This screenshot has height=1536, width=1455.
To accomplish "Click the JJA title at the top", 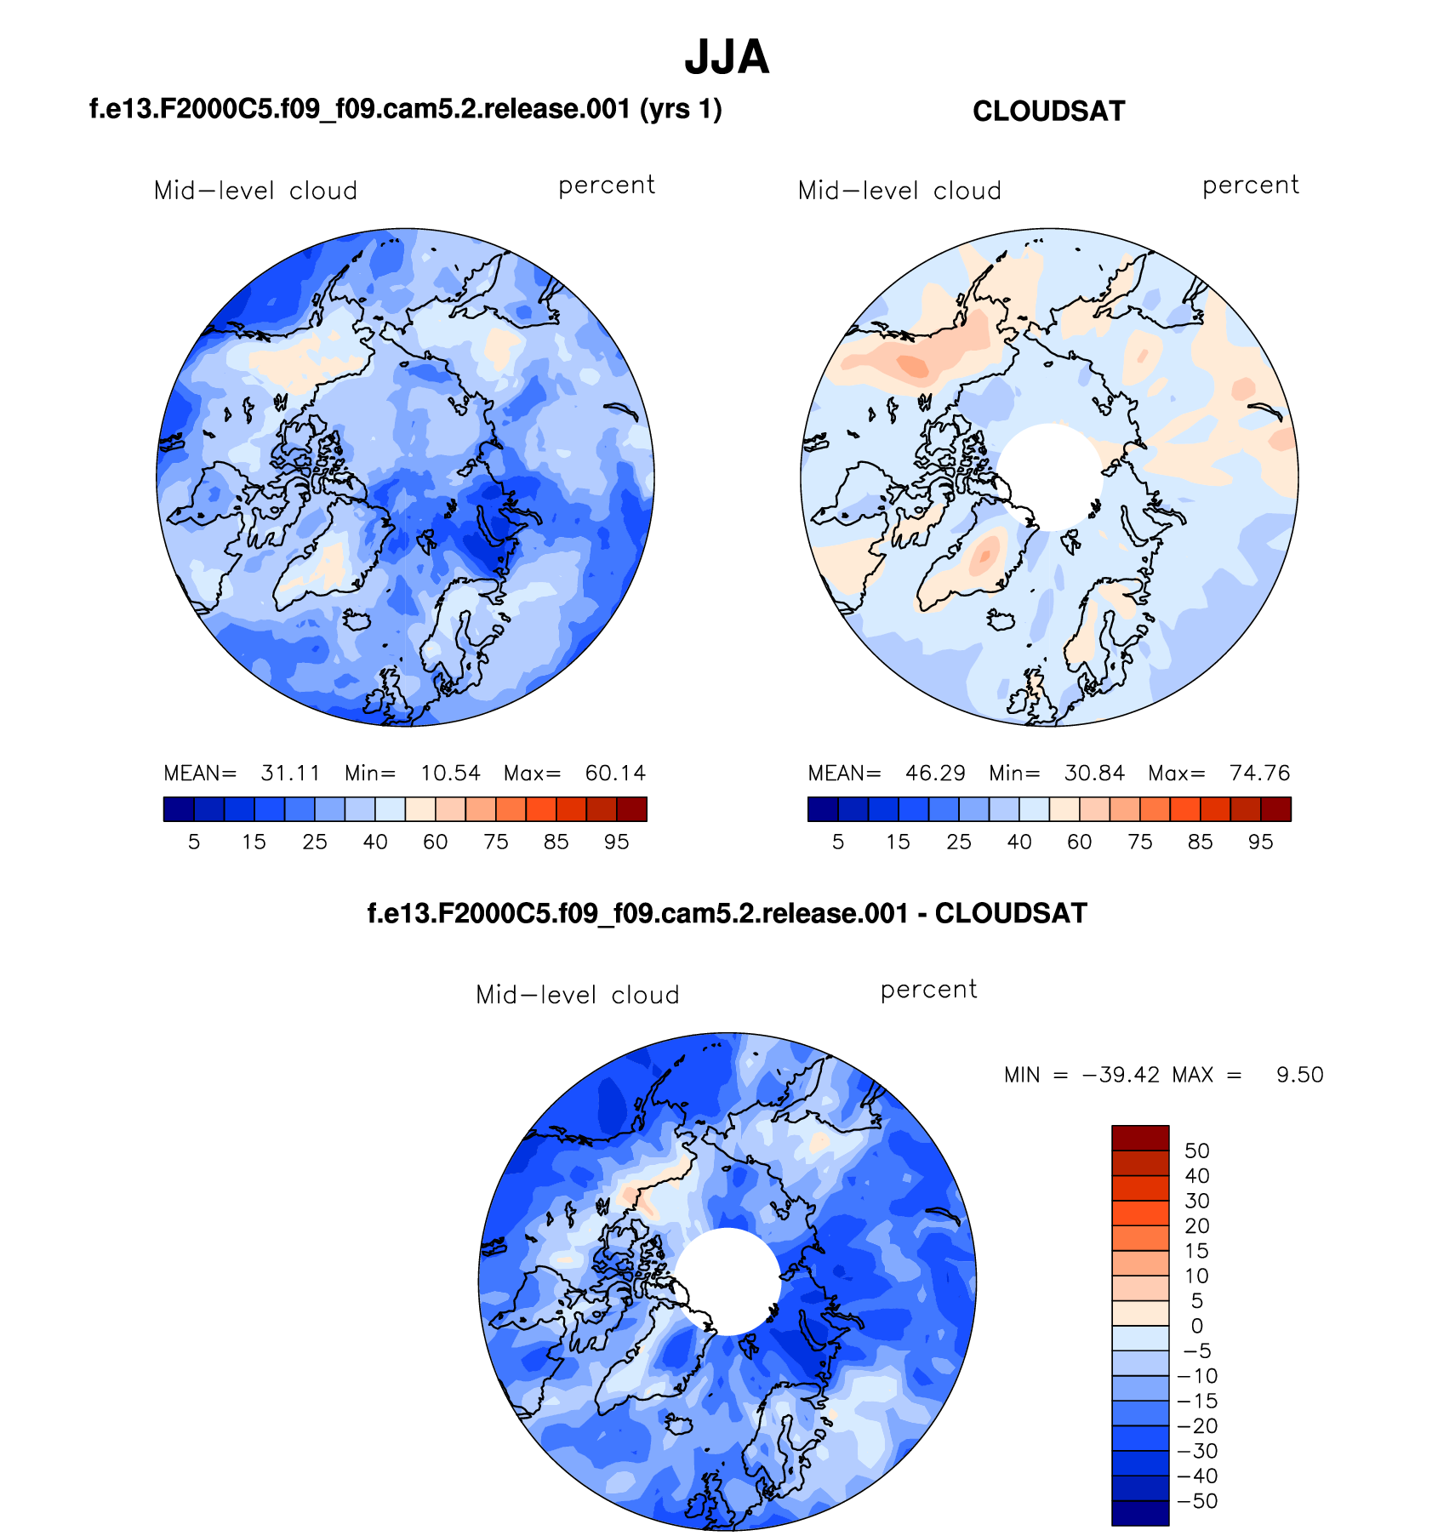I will point(727,58).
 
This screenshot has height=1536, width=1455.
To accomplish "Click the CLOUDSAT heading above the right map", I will point(1048,111).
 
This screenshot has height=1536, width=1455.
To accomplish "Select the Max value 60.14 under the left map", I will point(615,774).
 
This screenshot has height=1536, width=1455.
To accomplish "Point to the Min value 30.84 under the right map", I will point(1094,774).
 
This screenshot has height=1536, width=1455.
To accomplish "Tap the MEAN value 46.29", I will point(935,774).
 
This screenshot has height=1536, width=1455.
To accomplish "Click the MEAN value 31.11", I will point(291,774).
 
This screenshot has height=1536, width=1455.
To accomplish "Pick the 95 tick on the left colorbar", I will point(616,842).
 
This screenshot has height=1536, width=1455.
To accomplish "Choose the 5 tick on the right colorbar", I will point(838,842).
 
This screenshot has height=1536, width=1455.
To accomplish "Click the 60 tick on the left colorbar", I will point(436,842).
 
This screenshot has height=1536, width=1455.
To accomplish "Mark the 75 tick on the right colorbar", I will point(1140,842).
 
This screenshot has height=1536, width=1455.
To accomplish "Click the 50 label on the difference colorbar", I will point(1196,1151).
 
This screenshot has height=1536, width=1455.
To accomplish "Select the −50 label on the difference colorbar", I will point(1197,1501).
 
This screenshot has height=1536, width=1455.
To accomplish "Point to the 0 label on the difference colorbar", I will point(1196,1326).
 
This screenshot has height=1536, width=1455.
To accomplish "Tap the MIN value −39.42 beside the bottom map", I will point(1121,1075).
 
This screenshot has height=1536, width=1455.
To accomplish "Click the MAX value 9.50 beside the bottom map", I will point(1299,1075).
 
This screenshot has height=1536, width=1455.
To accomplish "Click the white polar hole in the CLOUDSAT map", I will point(1050,477).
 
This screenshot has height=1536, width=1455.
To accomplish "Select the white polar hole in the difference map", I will point(727,1282).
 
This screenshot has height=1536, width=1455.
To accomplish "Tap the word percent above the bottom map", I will point(928,991).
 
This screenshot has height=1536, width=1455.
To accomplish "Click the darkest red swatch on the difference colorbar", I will point(1140,1138).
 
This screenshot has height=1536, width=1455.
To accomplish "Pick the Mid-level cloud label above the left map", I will point(255,191).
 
